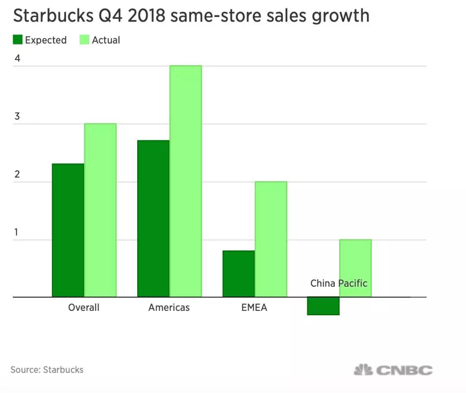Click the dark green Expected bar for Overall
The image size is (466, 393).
click(68, 230)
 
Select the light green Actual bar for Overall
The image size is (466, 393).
click(100, 210)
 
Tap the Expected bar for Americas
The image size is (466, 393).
click(153, 219)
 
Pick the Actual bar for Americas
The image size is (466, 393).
click(186, 181)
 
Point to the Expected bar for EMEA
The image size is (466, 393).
click(239, 274)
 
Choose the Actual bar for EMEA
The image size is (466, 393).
click(271, 239)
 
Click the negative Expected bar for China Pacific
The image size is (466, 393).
click(323, 306)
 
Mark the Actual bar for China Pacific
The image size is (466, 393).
click(356, 268)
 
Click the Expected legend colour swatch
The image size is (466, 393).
click(17, 40)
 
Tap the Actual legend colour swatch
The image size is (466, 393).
click(85, 40)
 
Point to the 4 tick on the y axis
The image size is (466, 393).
click(17, 58)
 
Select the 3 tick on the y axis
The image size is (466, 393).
click(17, 117)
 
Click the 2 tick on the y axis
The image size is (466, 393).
click(17, 174)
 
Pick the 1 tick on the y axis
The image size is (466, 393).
click(16, 232)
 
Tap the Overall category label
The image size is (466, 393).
click(84, 307)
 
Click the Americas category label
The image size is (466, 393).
click(169, 307)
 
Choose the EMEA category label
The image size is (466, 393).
click(254, 307)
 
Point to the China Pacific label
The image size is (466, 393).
click(339, 284)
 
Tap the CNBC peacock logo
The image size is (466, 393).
click(363, 370)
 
